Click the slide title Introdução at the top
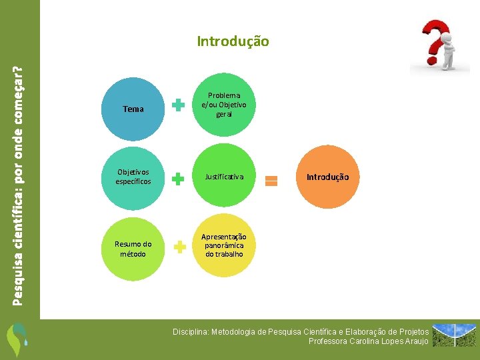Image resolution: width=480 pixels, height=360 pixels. pos(233,41)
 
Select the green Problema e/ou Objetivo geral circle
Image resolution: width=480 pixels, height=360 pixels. pos(223,105)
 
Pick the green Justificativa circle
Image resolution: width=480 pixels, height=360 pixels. pos(224,177)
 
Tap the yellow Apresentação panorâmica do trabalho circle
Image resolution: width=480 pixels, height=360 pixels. pos(224,245)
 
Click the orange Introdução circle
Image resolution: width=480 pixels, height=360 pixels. pos(327,177)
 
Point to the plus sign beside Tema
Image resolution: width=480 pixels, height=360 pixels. pos(179,105)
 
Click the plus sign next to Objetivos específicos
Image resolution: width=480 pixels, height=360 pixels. pos(179,178)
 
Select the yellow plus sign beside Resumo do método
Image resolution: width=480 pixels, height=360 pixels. pos(179,248)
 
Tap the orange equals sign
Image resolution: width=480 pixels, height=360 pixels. pos(271,180)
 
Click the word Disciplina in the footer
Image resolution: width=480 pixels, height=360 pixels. pos(189,331)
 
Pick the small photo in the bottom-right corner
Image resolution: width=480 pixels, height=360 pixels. pos(455,335)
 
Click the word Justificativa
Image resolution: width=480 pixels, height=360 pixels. pos(224,177)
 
